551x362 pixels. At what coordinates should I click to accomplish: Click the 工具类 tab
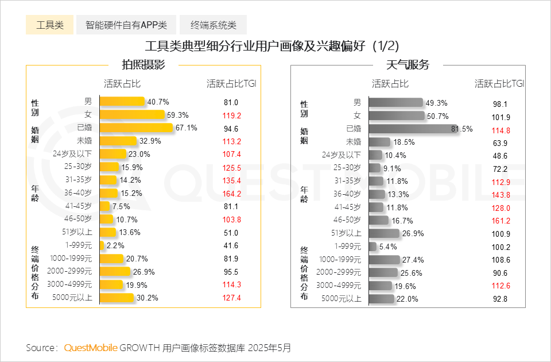tap(49, 25)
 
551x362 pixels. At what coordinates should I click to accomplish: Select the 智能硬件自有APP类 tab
tap(126, 25)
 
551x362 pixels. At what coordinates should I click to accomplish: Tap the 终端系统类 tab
tap(213, 25)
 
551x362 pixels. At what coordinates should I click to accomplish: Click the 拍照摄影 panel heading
tap(143, 65)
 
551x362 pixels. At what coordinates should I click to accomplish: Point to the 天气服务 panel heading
tap(408, 65)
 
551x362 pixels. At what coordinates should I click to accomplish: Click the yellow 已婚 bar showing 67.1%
tap(136, 128)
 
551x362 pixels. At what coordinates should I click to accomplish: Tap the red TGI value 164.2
tap(231, 194)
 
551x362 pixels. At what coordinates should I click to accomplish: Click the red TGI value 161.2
tap(500, 221)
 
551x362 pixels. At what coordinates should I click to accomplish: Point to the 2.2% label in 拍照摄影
tap(115, 246)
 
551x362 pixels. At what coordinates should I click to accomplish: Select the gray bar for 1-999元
tap(372, 247)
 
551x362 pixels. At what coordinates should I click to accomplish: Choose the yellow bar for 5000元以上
tap(117, 298)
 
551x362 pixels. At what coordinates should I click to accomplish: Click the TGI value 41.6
tap(231, 246)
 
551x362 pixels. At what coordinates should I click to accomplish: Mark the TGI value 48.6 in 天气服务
tap(500, 156)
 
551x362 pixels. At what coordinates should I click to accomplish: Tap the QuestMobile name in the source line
tap(91, 348)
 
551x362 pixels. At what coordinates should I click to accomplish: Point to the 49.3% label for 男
tap(436, 103)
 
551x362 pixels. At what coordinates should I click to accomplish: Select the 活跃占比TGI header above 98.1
tap(499, 83)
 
